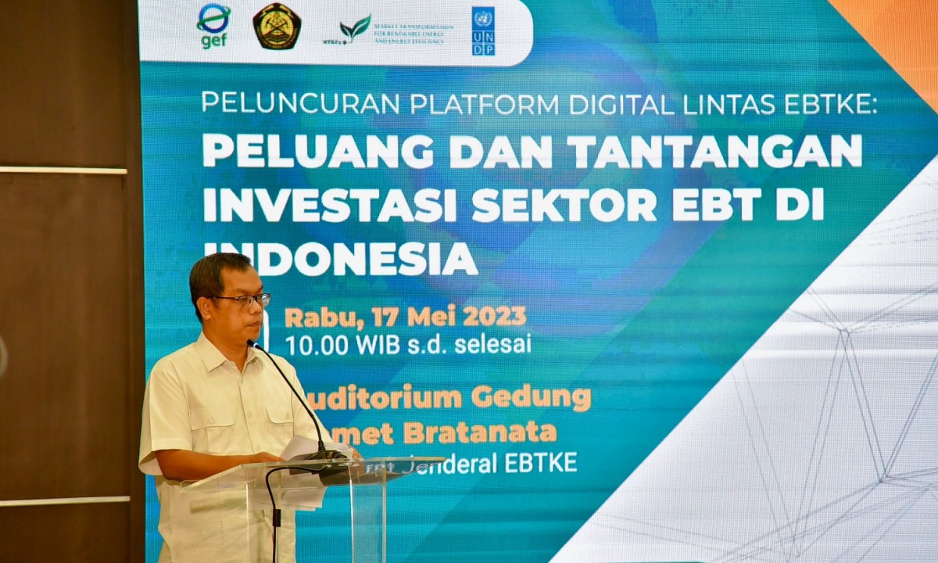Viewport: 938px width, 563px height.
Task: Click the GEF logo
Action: [x=213, y=26]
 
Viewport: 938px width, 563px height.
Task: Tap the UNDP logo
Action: [x=483, y=31]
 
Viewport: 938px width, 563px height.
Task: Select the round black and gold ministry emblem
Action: [x=277, y=27]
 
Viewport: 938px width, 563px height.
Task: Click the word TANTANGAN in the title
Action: [x=714, y=151]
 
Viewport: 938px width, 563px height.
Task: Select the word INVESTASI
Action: [x=329, y=205]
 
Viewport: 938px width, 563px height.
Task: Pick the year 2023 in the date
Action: [x=494, y=317]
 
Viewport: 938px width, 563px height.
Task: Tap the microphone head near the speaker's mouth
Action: [x=255, y=345]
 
